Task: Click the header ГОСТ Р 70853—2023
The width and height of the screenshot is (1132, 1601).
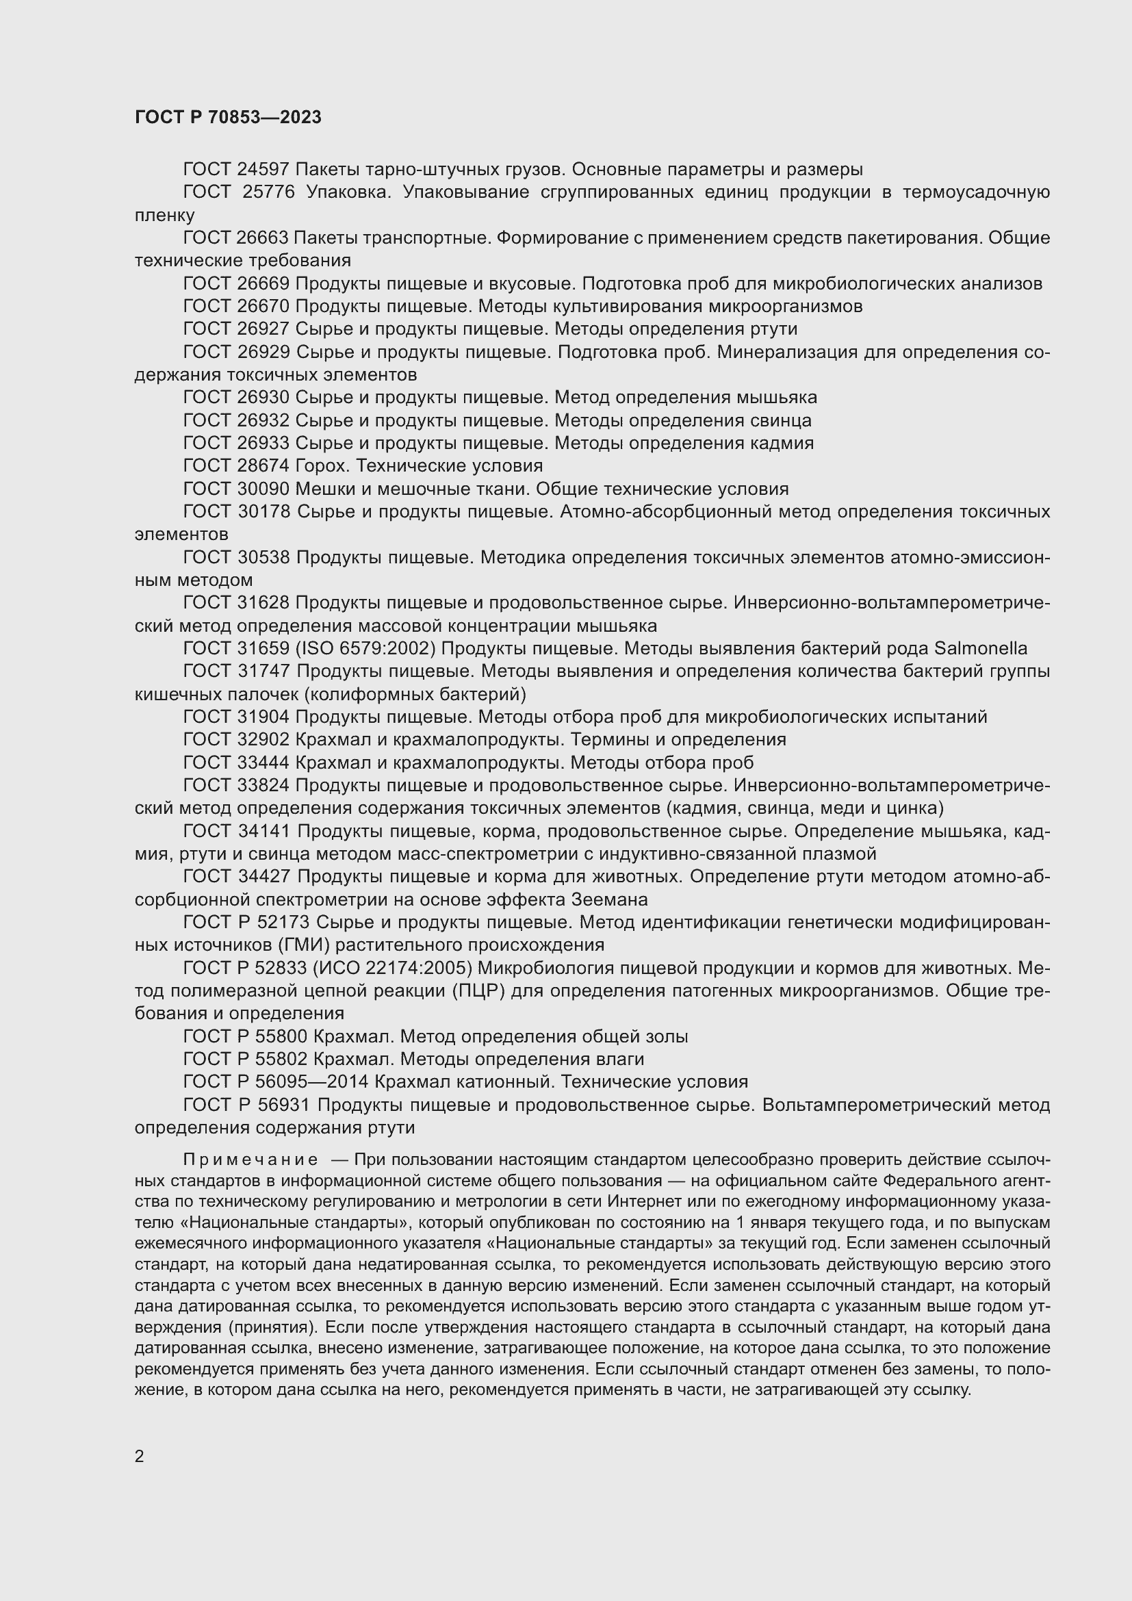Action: click(228, 117)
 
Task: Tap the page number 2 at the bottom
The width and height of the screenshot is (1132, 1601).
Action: click(140, 1456)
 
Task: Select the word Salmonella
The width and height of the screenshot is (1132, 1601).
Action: click(980, 648)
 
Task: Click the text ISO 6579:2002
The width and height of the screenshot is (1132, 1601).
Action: click(366, 648)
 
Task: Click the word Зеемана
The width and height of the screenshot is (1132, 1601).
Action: click(609, 899)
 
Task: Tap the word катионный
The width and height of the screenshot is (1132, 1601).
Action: click(508, 1082)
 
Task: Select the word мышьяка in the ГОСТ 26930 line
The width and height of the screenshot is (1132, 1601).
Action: click(776, 398)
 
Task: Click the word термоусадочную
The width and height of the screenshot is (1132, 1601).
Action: click(976, 192)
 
